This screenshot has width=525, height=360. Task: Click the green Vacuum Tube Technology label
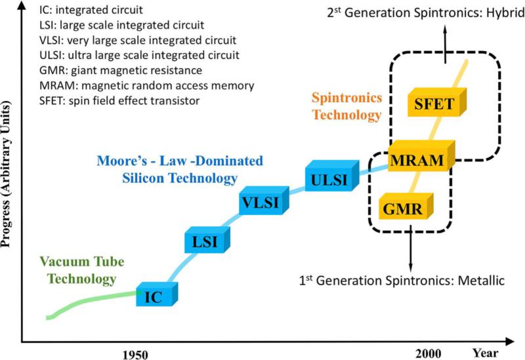tap(82, 270)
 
